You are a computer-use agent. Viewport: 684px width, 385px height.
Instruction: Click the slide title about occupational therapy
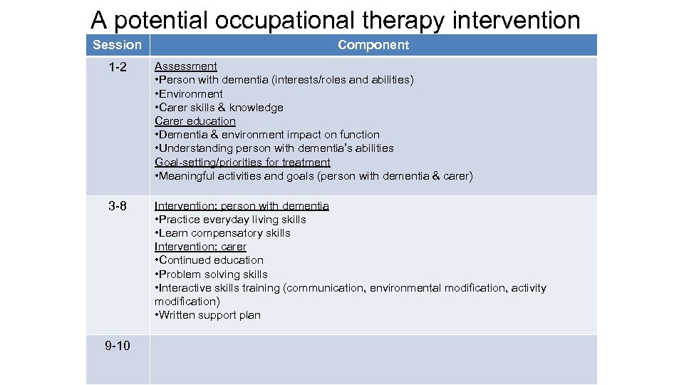point(336,19)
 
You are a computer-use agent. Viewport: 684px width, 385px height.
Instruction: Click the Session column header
point(118,45)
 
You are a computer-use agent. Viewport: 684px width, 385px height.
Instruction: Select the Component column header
point(373,45)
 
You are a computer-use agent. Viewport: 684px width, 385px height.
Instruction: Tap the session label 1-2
point(118,66)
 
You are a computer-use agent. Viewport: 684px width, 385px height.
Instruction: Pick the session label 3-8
point(118,206)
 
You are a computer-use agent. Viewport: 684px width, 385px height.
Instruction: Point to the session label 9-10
point(118,346)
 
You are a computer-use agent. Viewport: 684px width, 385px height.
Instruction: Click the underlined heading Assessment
point(186,66)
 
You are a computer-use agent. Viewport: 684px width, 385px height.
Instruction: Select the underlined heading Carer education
point(195,121)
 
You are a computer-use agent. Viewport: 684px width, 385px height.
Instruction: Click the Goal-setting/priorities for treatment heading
point(242,163)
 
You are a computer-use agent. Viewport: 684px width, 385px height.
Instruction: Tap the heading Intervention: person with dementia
point(242,206)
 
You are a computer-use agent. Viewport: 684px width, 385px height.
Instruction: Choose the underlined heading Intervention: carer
point(200,247)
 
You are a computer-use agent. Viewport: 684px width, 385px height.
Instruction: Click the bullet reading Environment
point(190,94)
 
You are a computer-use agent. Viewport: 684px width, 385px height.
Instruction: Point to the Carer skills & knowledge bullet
point(219,108)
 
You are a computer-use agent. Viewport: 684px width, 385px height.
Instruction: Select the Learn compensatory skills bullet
point(223,233)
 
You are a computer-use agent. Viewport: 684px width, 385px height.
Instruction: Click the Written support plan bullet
point(208,315)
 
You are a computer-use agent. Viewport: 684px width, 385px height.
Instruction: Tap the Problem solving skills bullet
point(212,274)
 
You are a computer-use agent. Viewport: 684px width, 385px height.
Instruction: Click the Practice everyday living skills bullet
point(231,220)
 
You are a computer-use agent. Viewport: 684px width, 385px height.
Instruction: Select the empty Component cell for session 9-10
point(373,359)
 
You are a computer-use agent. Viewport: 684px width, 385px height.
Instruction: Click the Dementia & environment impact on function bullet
point(267,135)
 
